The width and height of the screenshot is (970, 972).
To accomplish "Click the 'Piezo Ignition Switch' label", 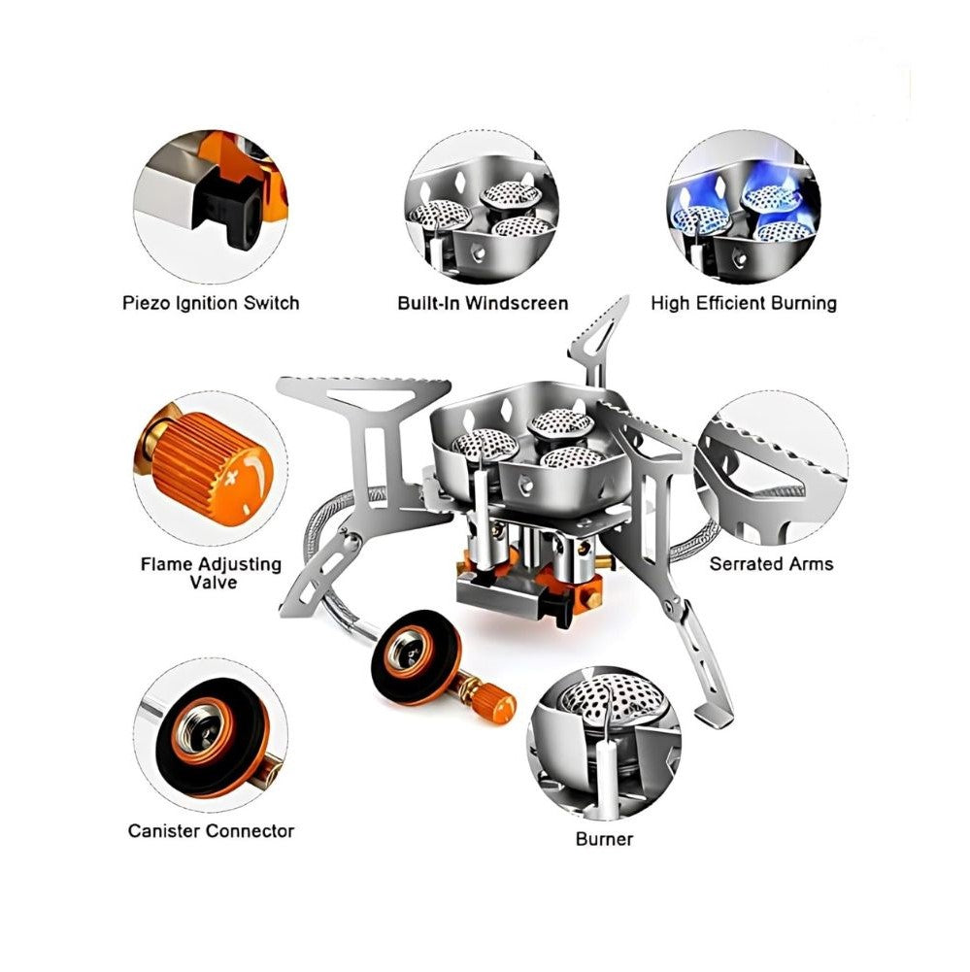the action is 211,303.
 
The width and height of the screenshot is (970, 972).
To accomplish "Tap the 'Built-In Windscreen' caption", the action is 483,303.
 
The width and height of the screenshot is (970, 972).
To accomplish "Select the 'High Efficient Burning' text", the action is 744,303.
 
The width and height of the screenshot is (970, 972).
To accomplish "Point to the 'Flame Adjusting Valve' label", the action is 212,574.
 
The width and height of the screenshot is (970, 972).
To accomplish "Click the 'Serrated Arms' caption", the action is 771,564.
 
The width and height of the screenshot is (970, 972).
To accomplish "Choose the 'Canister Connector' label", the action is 211,830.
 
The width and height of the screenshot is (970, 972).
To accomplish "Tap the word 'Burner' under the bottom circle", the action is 604,839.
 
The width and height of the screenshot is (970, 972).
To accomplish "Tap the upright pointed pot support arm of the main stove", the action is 596,340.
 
